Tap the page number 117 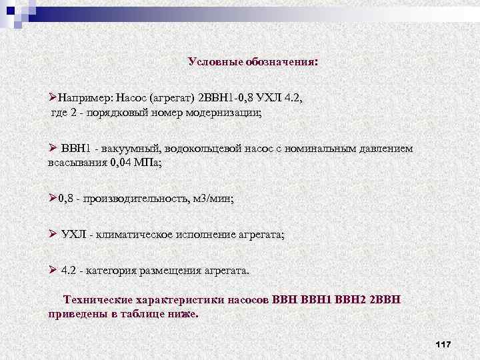[x=443, y=344]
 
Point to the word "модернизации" [x=225, y=113]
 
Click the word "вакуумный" [x=130, y=148]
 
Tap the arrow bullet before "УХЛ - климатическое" [x=53, y=234]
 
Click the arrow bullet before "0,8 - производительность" [x=53, y=198]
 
